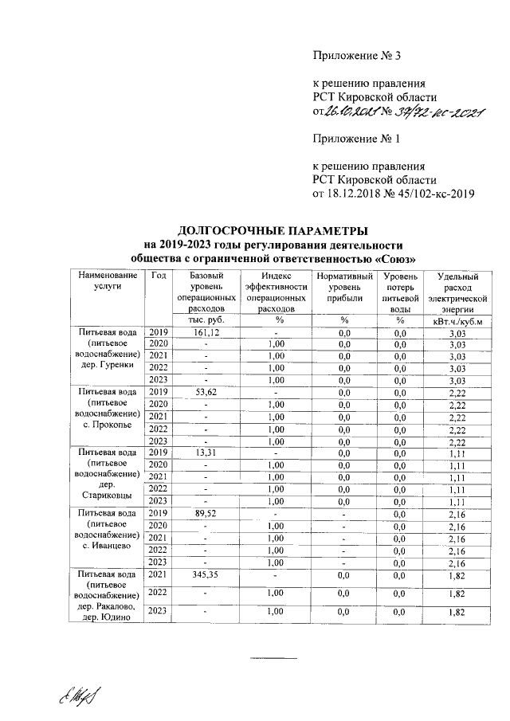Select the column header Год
point(159,276)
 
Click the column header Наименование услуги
point(108,281)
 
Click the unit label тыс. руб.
point(206,320)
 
